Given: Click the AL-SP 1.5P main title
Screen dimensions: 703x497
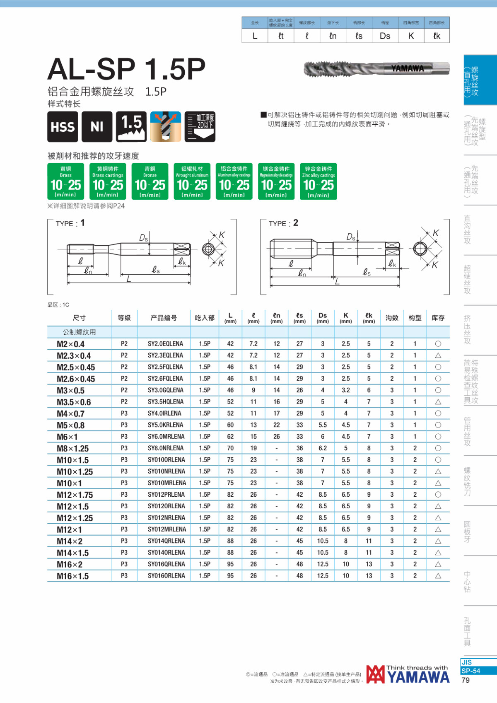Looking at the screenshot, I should pyautogui.click(x=126, y=69).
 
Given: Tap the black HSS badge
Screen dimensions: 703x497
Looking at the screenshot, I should pyautogui.click(x=63, y=127).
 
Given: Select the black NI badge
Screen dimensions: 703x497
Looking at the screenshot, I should pyautogui.click(x=97, y=127).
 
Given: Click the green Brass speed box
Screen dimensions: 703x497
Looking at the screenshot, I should pyautogui.click(x=66, y=181).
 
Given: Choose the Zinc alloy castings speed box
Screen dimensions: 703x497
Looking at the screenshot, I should pyautogui.click(x=318, y=181).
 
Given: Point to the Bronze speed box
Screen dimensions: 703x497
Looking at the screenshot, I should pyautogui.click(x=150, y=181).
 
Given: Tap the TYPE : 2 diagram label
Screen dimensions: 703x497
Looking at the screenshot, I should pyautogui.click(x=283, y=223).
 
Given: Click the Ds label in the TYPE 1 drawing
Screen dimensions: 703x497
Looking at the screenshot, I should pyautogui.click(x=143, y=238).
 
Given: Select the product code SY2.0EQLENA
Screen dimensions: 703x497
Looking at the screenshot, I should pyautogui.click(x=165, y=344).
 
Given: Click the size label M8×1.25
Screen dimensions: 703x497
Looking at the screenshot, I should pyautogui.click(x=73, y=449).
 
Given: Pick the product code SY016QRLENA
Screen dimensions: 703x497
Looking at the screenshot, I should pyautogui.click(x=166, y=564).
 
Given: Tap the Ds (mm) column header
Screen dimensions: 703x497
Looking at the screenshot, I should pyautogui.click(x=323, y=318).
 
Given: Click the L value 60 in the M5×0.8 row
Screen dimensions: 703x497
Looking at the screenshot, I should pyautogui.click(x=230, y=425).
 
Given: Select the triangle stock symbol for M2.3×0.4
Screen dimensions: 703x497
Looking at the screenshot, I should pyautogui.click(x=438, y=355).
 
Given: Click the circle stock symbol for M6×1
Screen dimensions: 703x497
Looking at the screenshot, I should pyautogui.click(x=438, y=437).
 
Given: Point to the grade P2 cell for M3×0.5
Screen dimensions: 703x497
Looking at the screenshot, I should pyautogui.click(x=124, y=390).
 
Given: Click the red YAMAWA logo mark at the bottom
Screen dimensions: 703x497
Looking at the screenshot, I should pyautogui.click(x=375, y=674).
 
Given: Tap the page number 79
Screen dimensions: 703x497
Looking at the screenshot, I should pyautogui.click(x=466, y=680).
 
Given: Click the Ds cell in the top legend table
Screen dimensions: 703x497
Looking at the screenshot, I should pyautogui.click(x=385, y=36).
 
